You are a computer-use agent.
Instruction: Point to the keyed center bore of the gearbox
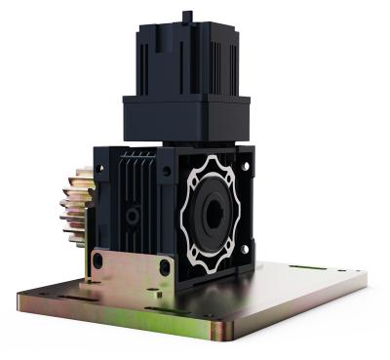point(212,214)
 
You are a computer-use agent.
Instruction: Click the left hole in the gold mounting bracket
point(97,260)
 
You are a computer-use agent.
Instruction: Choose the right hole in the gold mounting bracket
point(164,265)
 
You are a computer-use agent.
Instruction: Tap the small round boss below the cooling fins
point(135,214)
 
